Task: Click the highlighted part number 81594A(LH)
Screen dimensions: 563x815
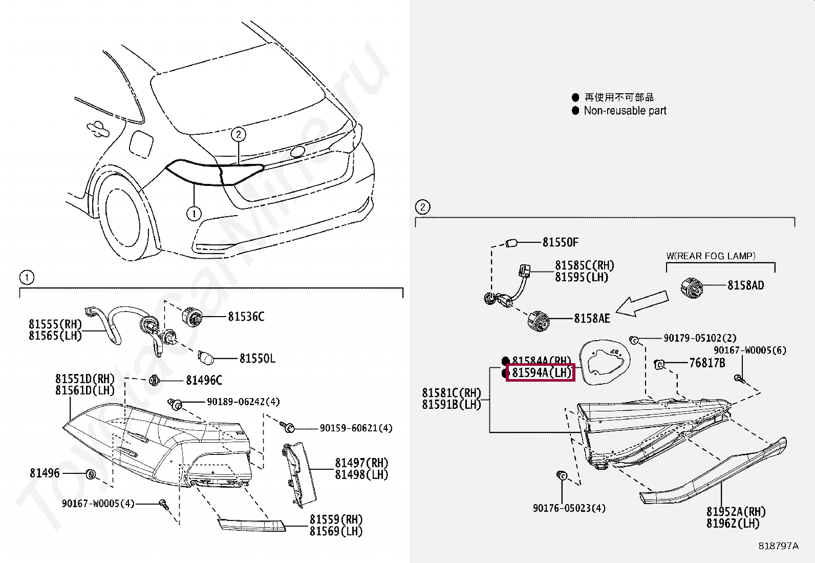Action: (x=541, y=372)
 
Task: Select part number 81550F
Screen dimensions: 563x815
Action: (x=560, y=242)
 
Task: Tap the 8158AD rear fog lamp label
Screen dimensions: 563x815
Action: (x=745, y=285)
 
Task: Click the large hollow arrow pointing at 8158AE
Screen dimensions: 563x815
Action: (x=642, y=304)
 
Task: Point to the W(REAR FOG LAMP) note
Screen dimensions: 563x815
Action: (x=711, y=256)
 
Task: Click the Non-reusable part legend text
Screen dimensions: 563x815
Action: (x=625, y=111)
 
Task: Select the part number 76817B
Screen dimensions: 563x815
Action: (x=707, y=363)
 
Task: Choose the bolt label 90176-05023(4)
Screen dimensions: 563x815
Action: (x=569, y=508)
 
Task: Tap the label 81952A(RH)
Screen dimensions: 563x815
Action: (x=736, y=512)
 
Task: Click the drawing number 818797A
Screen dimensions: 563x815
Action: (x=778, y=546)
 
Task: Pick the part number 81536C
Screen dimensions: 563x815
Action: (x=246, y=317)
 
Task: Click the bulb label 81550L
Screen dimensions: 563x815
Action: (x=257, y=359)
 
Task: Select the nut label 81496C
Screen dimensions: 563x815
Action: (x=204, y=380)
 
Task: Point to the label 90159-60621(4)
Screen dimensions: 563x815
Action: (x=356, y=428)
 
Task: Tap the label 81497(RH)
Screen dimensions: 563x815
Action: (x=361, y=463)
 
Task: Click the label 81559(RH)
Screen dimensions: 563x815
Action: (x=335, y=519)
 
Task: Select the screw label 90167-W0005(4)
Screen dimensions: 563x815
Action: (x=98, y=504)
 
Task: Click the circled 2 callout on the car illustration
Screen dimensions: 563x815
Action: (x=238, y=134)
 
